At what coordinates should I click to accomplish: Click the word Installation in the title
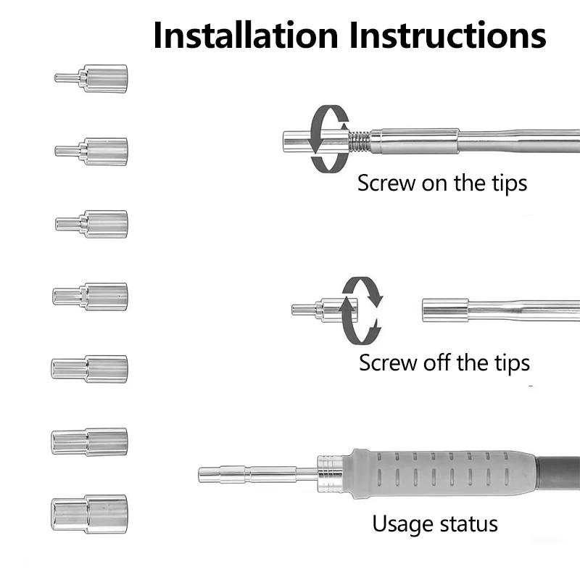[246, 35]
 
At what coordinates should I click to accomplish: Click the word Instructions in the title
[447, 35]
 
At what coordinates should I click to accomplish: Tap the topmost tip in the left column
[91, 78]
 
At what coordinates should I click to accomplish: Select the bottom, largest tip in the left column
[89, 514]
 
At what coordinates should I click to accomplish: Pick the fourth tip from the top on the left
[90, 297]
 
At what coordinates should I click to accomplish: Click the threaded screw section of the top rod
[359, 141]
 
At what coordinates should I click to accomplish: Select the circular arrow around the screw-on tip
[328, 138]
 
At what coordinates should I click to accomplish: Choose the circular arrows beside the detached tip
[361, 311]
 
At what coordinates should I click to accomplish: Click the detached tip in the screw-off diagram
[324, 310]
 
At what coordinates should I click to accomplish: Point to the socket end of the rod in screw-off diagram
[445, 310]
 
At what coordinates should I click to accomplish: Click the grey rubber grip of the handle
[440, 474]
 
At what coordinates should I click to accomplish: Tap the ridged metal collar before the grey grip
[331, 474]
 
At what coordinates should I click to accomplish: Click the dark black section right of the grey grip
[558, 475]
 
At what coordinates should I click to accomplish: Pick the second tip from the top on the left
[91, 152]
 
